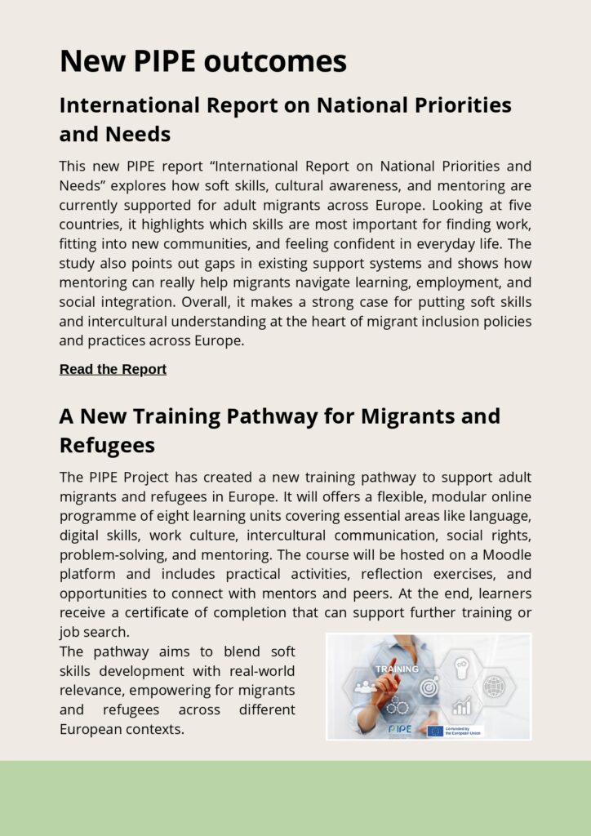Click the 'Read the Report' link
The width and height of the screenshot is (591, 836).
[113, 369]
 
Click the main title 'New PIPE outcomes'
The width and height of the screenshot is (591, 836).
[203, 61]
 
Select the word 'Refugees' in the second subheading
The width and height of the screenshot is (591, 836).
[107, 445]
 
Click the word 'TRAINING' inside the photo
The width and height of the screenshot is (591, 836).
[397, 669]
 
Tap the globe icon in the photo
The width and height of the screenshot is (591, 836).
[494, 687]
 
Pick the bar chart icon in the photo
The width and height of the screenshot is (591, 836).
[462, 705]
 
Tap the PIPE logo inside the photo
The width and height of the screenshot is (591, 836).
[400, 728]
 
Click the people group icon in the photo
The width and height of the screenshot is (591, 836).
[364, 687]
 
